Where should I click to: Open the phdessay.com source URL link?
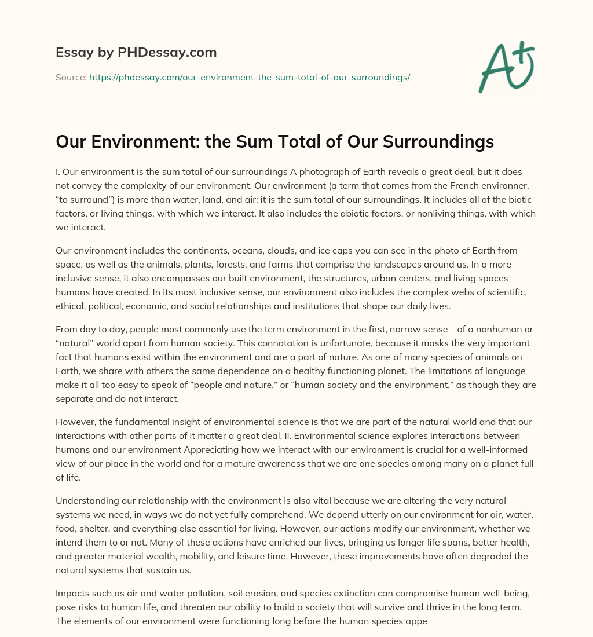(x=250, y=77)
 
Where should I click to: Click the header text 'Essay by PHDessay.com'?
(x=136, y=53)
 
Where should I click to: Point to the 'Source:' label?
(x=71, y=77)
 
